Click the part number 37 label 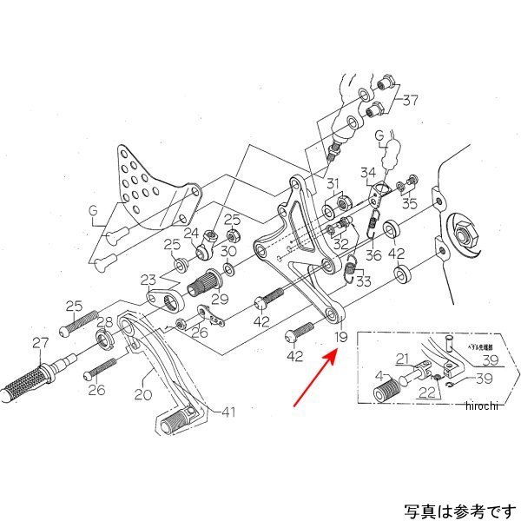pyautogui.click(x=409, y=100)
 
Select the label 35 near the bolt pyautogui.click(x=407, y=204)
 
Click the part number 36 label pyautogui.click(x=373, y=255)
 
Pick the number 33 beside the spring pyautogui.click(x=362, y=280)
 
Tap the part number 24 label pyautogui.click(x=191, y=233)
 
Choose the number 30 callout pyautogui.click(x=228, y=252)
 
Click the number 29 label pyautogui.click(x=220, y=298)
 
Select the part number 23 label pyautogui.click(x=149, y=280)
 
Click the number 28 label pyautogui.click(x=103, y=322)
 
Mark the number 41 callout pyautogui.click(x=228, y=412)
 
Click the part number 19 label pyautogui.click(x=340, y=336)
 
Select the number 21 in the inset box pyautogui.click(x=402, y=359)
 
